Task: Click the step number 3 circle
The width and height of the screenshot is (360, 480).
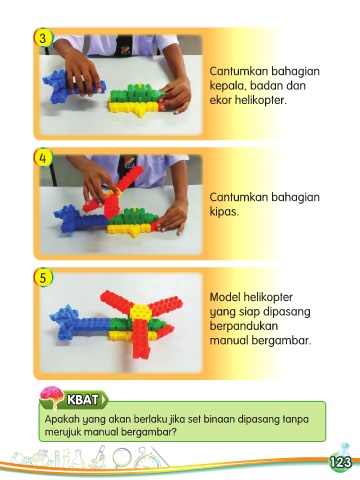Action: tap(42, 38)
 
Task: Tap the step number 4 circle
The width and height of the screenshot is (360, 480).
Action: tap(43, 158)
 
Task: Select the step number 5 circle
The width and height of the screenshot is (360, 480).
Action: tap(43, 277)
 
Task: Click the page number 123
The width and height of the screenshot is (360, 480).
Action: tap(340, 462)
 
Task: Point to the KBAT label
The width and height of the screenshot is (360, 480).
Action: tap(83, 399)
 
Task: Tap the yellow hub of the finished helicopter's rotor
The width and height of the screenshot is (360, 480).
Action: tap(140, 312)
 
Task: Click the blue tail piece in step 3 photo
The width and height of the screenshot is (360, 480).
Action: tap(72, 85)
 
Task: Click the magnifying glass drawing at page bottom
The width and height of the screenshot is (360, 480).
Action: tap(123, 458)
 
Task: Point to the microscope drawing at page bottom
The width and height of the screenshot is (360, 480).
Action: tap(98, 457)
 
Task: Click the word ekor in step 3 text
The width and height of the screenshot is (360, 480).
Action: tap(220, 100)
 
